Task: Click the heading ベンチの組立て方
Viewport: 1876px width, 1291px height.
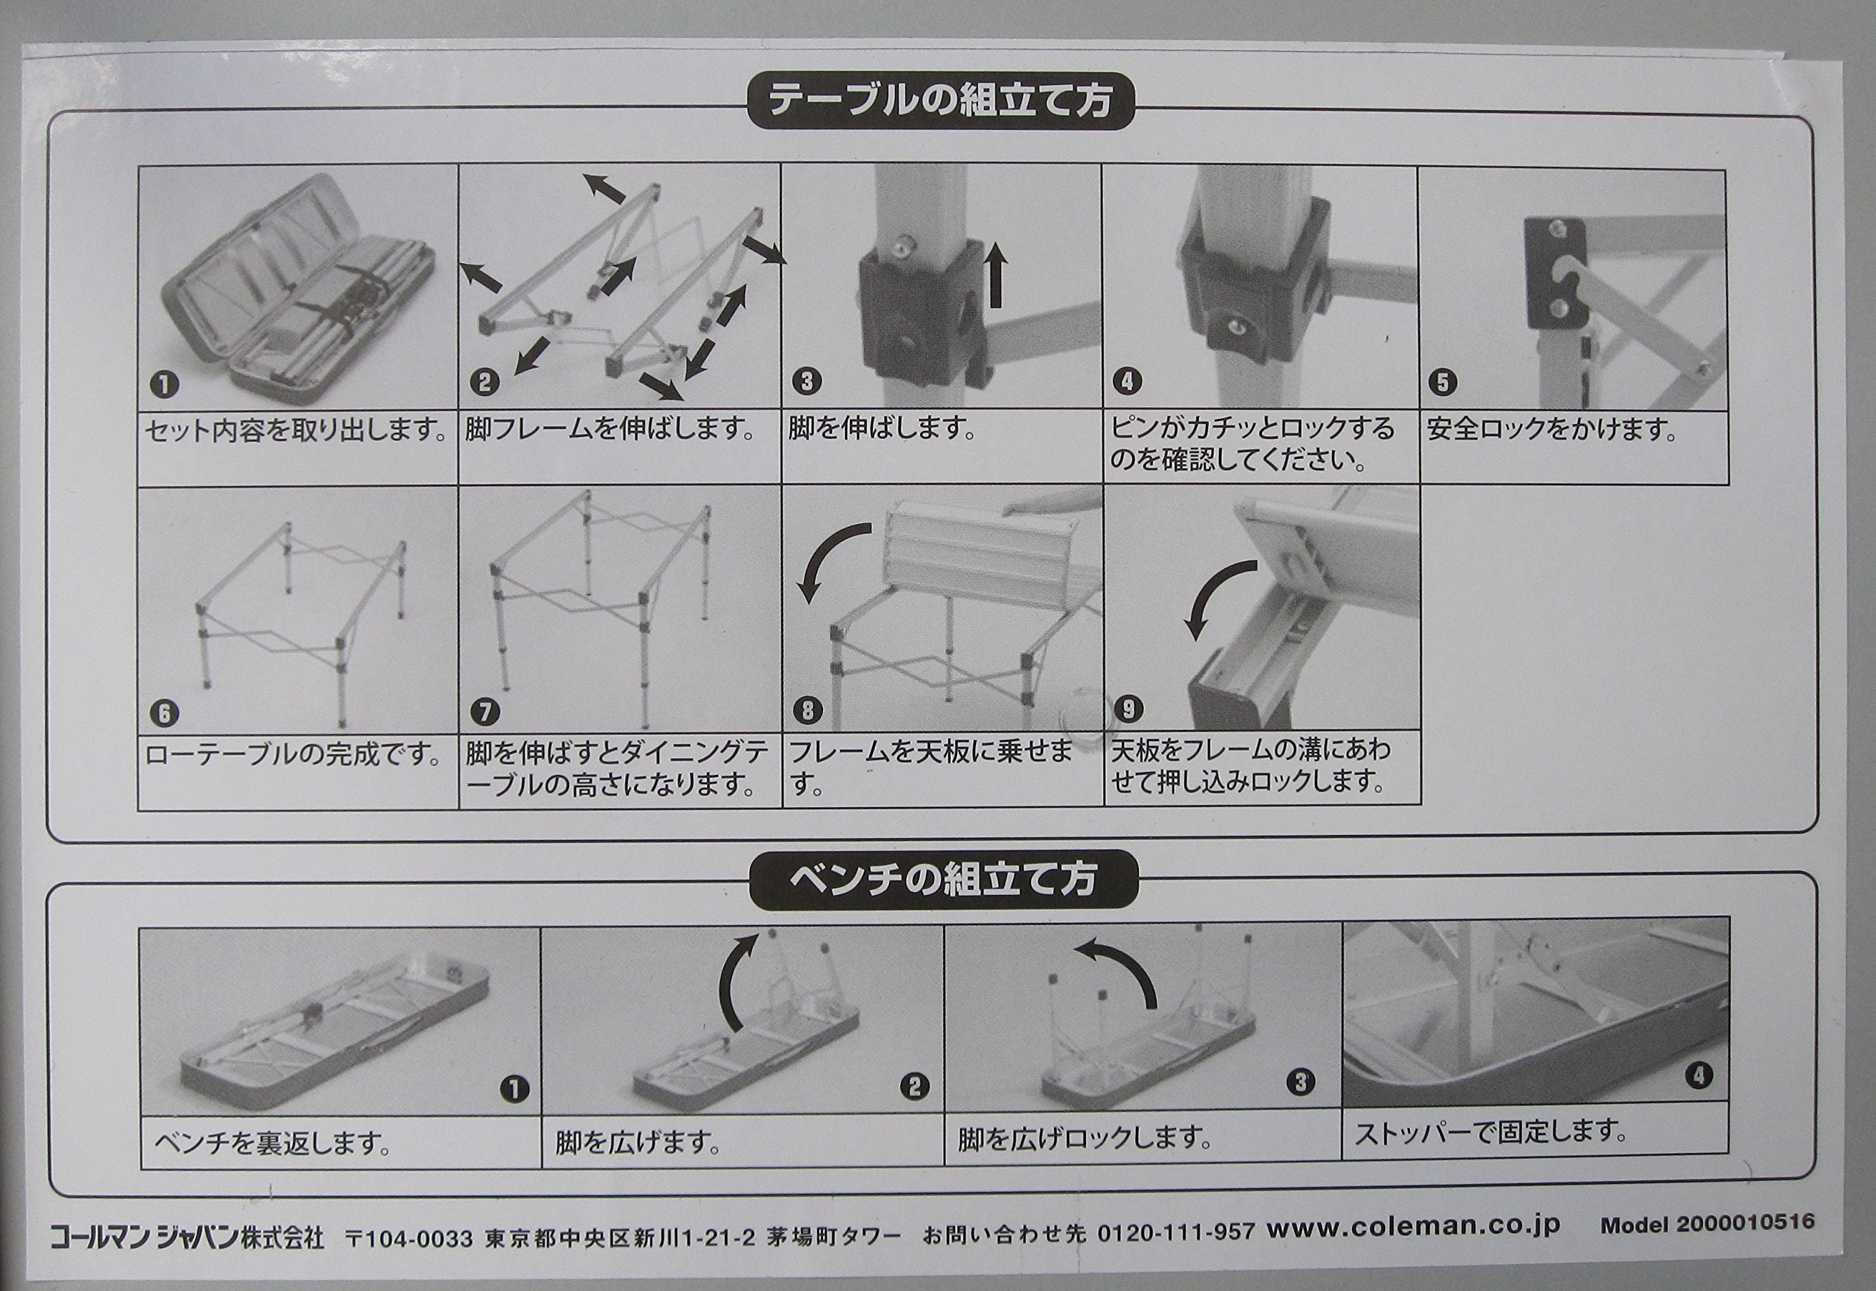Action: click(942, 880)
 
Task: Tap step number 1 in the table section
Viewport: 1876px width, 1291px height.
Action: click(165, 384)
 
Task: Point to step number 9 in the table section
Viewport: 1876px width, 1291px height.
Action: click(1128, 710)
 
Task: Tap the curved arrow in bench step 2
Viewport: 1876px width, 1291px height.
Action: click(735, 985)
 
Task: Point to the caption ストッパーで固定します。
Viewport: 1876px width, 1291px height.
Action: click(1491, 1131)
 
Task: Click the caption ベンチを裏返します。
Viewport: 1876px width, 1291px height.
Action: click(273, 1143)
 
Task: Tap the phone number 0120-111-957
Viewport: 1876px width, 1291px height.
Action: click(1175, 1233)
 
